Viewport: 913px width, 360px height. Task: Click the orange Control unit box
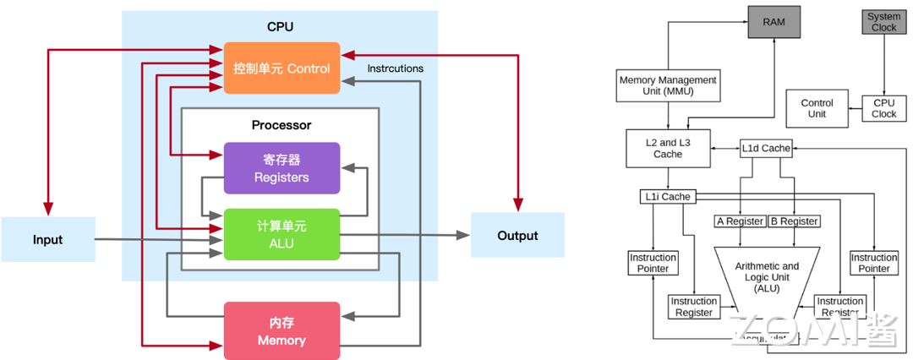click(282, 68)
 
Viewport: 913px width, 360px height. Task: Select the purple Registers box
click(282, 168)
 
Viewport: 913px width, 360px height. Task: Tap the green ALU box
click(282, 234)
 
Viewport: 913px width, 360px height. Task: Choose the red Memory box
click(282, 330)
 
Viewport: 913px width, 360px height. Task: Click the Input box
click(47, 239)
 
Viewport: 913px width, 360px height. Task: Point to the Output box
click(517, 235)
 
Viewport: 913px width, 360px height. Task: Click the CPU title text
click(280, 26)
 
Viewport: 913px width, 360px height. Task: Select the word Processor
click(282, 125)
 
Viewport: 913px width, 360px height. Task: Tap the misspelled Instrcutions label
click(396, 68)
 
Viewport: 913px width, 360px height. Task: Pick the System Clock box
click(883, 22)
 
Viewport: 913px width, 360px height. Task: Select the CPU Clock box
click(883, 108)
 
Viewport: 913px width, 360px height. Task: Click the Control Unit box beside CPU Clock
click(817, 108)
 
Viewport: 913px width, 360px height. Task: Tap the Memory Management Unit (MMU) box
click(668, 85)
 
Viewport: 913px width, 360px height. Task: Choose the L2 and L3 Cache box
click(668, 148)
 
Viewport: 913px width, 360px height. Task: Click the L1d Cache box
click(766, 148)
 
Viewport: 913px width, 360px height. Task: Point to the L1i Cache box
click(667, 197)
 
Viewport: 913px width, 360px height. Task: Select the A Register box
click(740, 221)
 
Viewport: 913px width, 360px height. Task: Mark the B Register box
click(794, 221)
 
